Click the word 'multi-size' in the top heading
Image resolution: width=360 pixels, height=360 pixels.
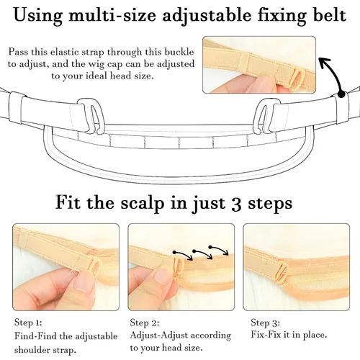(x=112, y=15)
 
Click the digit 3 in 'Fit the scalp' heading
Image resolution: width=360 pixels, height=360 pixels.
(x=236, y=203)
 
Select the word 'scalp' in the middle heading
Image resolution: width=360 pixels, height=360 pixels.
(x=143, y=204)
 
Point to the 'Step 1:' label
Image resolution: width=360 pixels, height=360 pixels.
(x=28, y=323)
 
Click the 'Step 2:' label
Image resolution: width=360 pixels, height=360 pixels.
(x=145, y=323)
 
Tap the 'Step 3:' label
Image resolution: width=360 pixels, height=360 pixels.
(x=265, y=323)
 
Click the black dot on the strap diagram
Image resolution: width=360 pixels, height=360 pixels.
(x=341, y=94)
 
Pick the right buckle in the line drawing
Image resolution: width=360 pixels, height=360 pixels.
(x=267, y=116)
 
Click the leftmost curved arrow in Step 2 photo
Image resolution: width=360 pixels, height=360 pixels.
(x=183, y=256)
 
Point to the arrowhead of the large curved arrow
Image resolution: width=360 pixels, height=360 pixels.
(x=325, y=63)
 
